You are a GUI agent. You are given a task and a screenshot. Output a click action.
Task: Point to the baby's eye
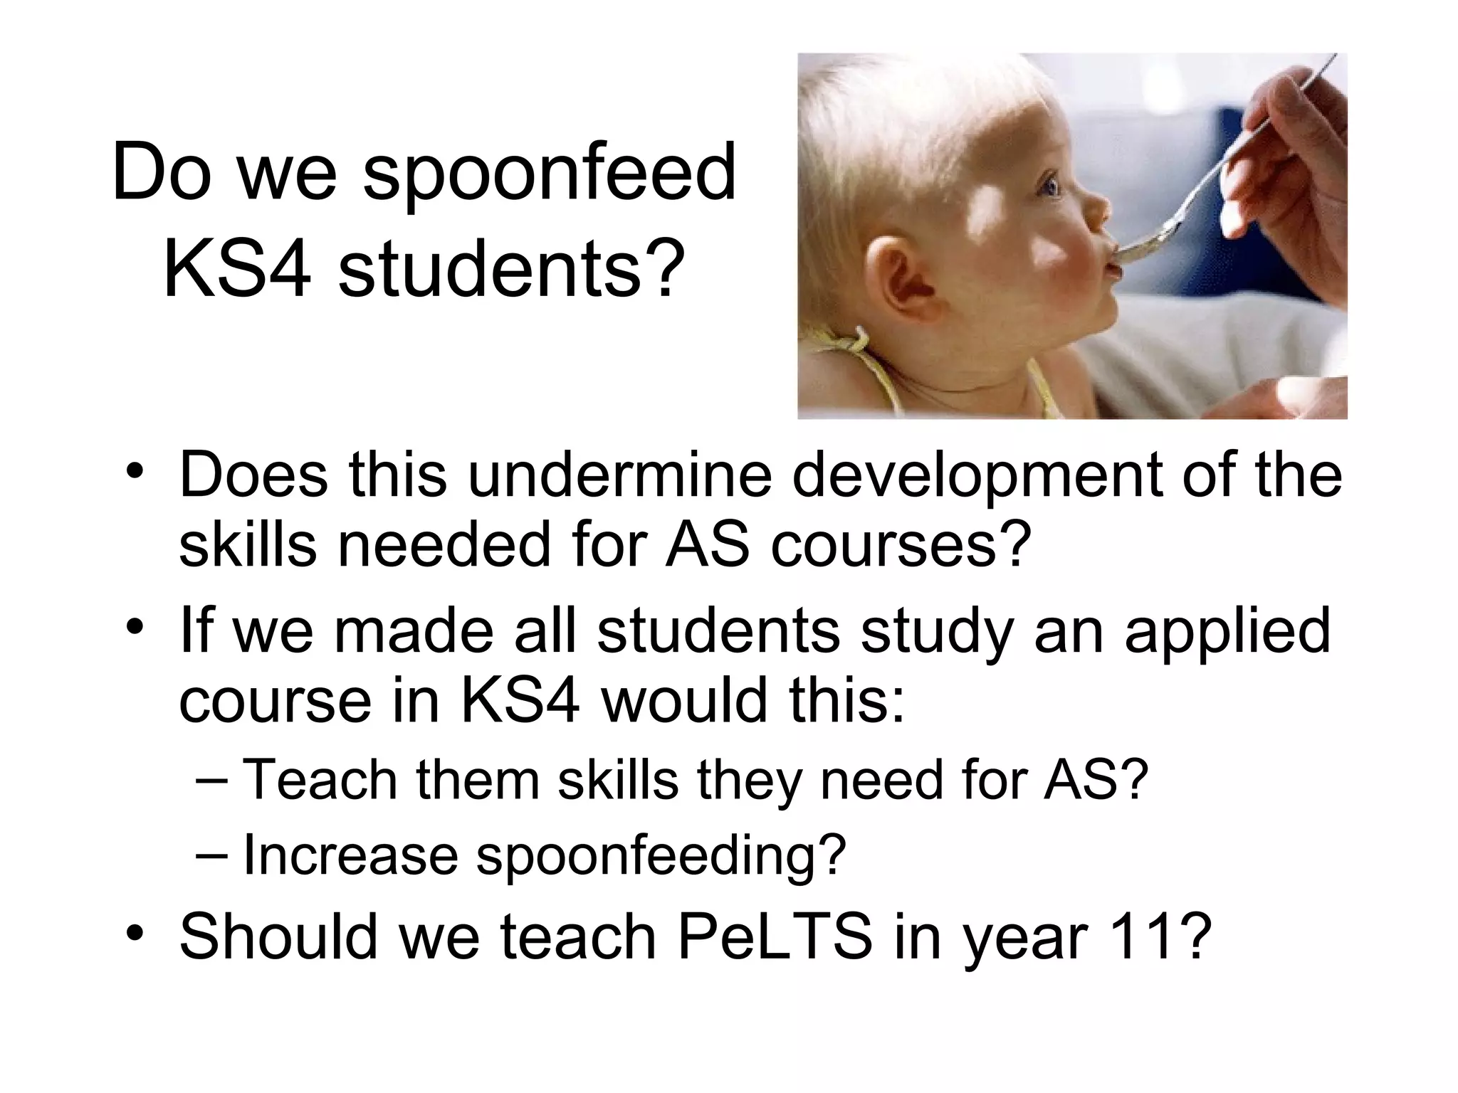[x=1051, y=188]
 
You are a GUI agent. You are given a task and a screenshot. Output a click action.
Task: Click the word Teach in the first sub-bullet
[x=320, y=780]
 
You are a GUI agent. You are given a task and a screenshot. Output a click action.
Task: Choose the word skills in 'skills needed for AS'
[x=247, y=544]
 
